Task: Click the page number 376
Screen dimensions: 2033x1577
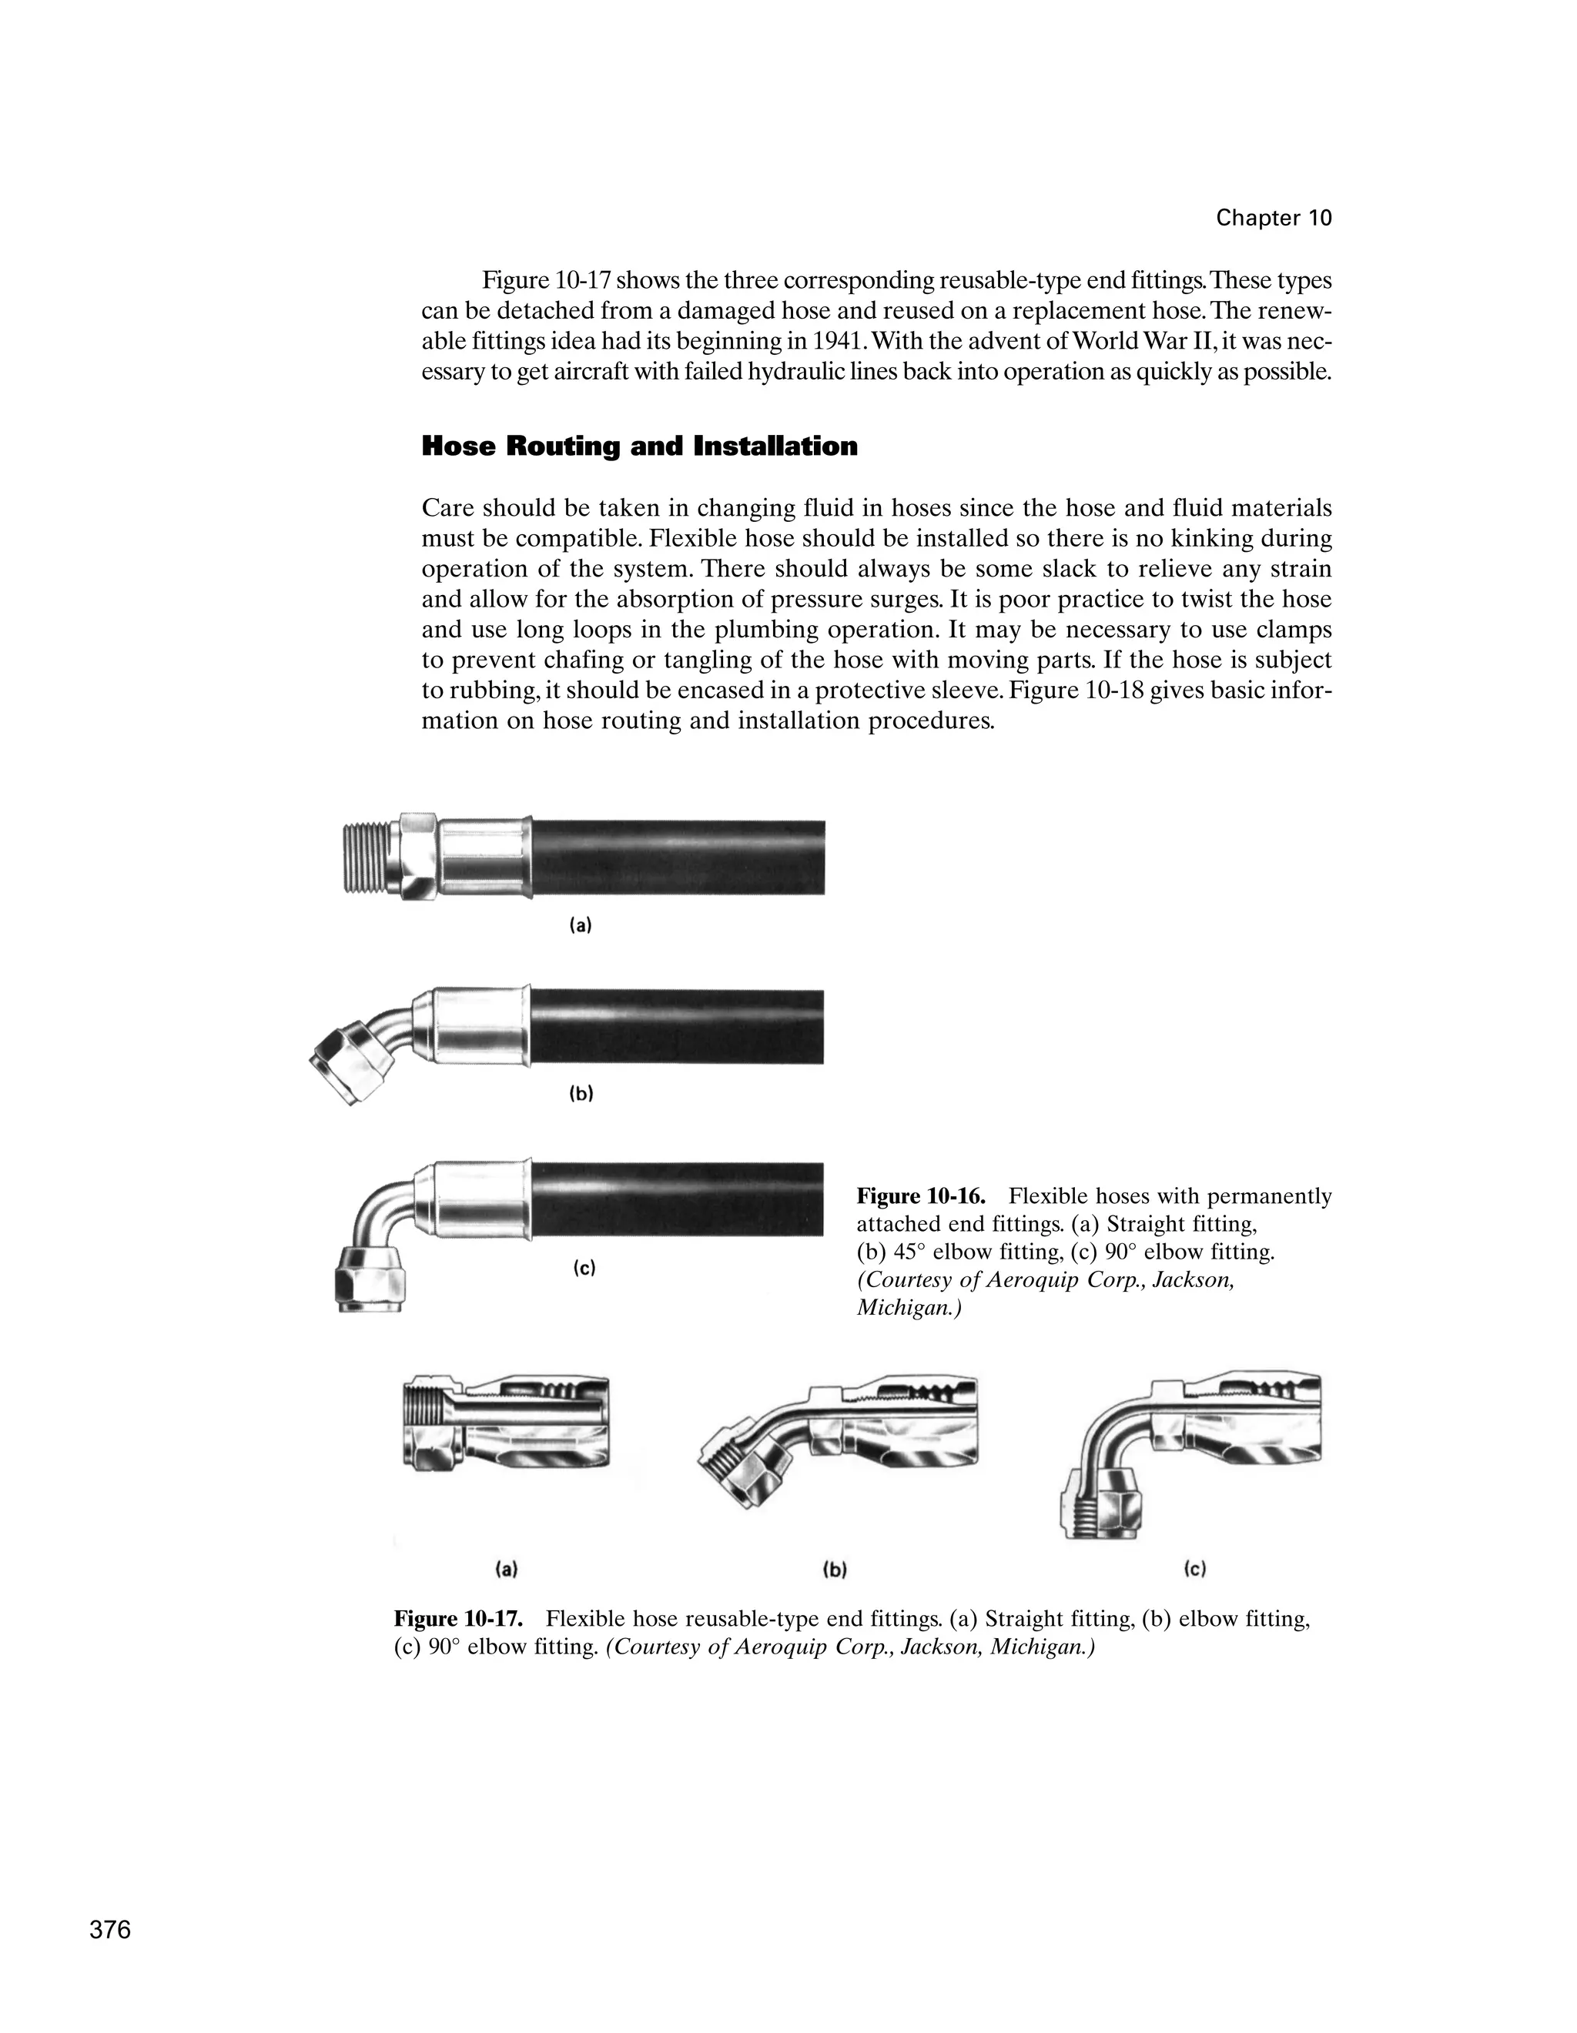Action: coord(110,1930)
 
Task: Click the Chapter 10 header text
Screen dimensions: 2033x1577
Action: coord(1273,219)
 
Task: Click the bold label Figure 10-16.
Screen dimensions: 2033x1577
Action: coord(919,1196)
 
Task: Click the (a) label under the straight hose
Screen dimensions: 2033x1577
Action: coord(580,925)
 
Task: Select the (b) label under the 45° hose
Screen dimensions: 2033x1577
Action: coord(580,1094)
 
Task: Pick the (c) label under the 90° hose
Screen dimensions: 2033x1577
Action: coord(583,1268)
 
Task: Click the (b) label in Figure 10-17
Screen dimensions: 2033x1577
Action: coord(834,1570)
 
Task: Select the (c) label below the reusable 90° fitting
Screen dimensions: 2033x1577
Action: coord(1194,1570)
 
